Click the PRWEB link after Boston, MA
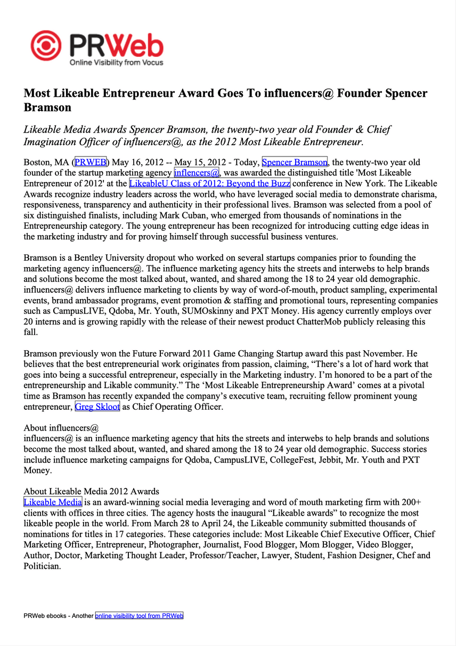91,162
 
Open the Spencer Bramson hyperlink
295,162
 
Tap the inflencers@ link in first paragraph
197,173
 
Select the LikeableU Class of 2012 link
209,184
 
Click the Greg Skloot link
97,407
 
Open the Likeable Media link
53,502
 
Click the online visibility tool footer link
139,616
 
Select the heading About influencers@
61,428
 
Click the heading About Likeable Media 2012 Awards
91,491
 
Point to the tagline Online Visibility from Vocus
117,63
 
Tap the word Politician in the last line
43,566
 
